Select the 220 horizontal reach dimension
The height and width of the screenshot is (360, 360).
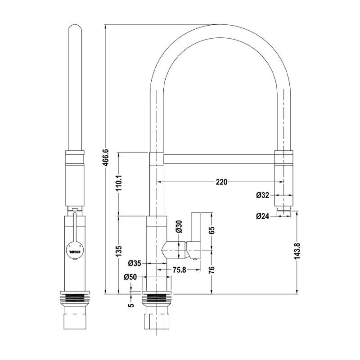(x=221, y=182)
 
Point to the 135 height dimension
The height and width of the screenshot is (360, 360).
(x=119, y=250)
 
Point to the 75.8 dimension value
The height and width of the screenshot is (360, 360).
(x=180, y=270)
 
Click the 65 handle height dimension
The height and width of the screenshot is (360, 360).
(x=212, y=230)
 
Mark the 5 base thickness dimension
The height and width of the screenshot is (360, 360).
(x=131, y=305)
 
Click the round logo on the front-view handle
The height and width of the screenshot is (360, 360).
(x=75, y=248)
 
